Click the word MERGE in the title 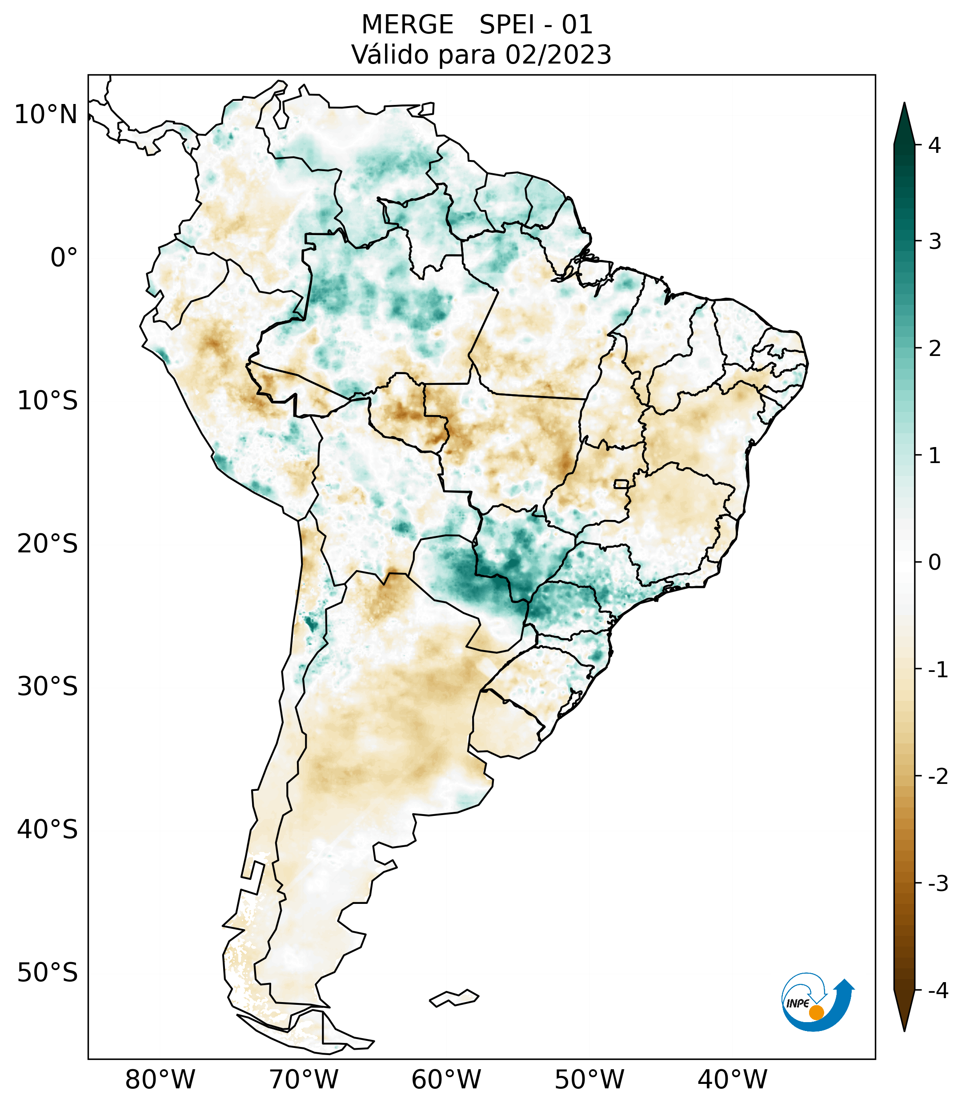coord(407,25)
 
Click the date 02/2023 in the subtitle coord(558,55)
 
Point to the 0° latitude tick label coord(64,258)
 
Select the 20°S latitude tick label coord(48,544)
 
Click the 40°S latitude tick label coord(48,830)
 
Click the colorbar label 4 coord(934,145)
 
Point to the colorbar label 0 coord(934,563)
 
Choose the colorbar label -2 coord(938,777)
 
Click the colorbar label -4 coord(938,991)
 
